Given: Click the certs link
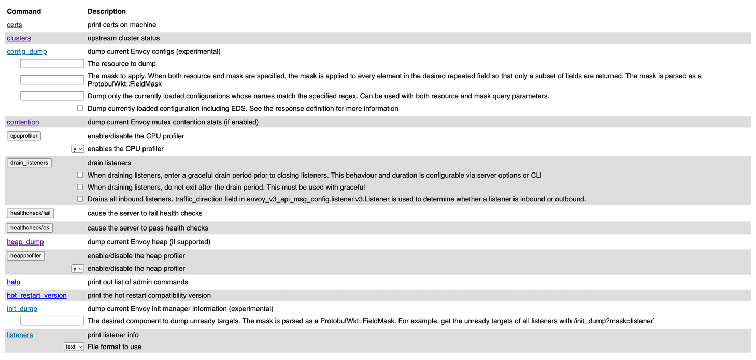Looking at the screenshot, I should (x=15, y=25).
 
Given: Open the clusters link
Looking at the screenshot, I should (x=19, y=38).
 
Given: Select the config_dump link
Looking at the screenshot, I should (x=27, y=52).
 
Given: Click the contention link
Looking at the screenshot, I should (x=23, y=122).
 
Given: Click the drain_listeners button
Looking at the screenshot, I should (x=29, y=163).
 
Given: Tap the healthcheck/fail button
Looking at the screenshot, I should (x=30, y=213).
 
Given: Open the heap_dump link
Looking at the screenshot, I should (x=25, y=242).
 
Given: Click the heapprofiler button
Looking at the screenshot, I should (x=25, y=256).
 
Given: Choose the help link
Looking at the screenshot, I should (x=13, y=282).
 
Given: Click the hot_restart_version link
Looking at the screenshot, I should (x=37, y=296).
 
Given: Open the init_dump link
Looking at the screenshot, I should (x=22, y=309).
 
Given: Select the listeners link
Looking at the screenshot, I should (x=20, y=335).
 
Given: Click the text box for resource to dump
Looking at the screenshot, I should (x=52, y=64).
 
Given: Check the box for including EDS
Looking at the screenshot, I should (x=80, y=109).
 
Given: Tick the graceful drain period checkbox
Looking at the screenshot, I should (x=80, y=175).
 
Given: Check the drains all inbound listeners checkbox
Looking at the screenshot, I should (x=80, y=199).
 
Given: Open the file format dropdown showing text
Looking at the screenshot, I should (x=74, y=347).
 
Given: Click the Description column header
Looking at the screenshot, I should (x=107, y=11).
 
